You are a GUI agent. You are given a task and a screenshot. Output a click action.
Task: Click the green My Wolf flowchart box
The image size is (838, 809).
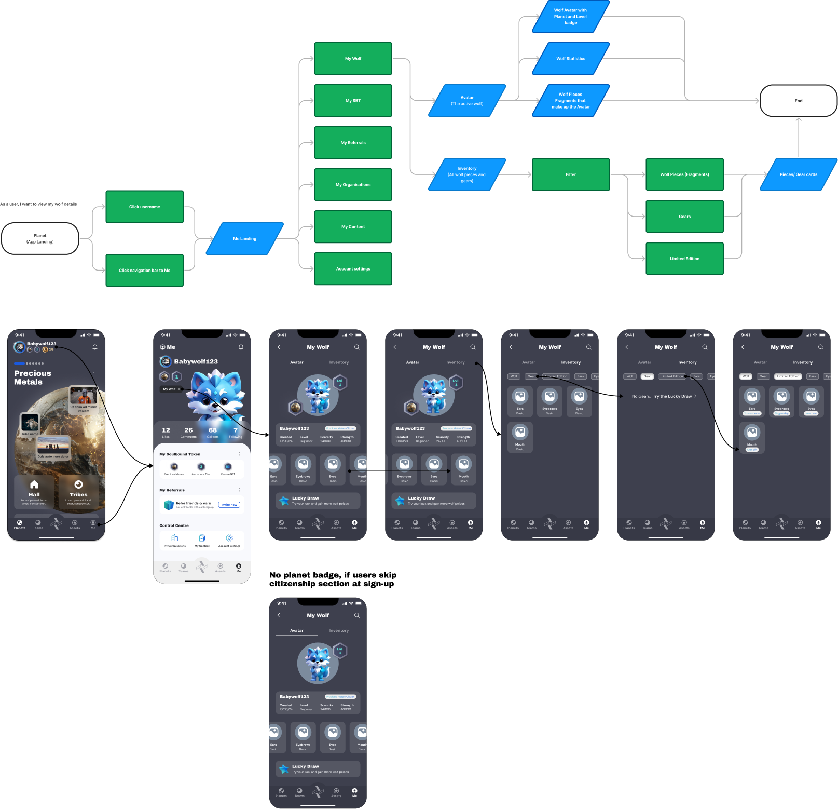point(353,59)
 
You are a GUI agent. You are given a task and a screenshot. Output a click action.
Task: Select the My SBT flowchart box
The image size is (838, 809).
point(353,101)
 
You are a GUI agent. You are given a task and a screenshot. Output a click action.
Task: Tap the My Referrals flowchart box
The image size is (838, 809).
point(353,143)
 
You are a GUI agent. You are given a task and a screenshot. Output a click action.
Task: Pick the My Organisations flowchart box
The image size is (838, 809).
point(353,185)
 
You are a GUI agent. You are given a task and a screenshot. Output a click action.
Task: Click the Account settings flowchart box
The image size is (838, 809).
point(353,269)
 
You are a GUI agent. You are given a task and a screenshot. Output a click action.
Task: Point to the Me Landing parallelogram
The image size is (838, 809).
point(245,239)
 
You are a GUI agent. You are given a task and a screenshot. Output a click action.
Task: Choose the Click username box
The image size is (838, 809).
point(144,207)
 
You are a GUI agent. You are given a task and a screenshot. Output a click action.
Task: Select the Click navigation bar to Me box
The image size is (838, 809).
point(144,271)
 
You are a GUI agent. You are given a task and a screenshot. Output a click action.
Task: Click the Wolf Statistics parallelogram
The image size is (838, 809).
point(571,59)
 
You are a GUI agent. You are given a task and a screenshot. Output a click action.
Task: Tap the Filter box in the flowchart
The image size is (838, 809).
point(571,174)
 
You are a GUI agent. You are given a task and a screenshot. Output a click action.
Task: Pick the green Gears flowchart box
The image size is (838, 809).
point(684,217)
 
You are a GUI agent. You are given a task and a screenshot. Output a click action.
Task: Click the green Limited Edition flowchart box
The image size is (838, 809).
point(684,259)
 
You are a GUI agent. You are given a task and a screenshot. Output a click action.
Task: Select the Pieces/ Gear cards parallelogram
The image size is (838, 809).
point(799,174)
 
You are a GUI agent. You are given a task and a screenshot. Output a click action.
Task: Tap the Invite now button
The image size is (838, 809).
point(229,505)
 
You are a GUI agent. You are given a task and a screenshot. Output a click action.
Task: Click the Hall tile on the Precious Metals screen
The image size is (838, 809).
point(34,491)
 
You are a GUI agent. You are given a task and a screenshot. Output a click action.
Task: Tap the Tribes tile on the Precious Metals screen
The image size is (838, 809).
point(78,491)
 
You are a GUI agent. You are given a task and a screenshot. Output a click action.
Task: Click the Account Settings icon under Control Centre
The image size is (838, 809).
point(229,538)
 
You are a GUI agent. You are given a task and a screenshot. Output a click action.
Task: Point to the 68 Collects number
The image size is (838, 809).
point(213,430)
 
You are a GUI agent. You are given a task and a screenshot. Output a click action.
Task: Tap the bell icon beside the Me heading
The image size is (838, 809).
point(241,347)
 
